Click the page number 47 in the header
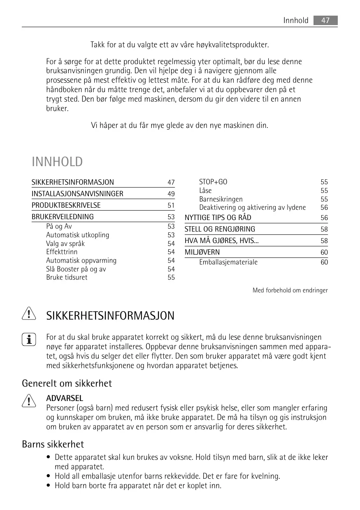tap(325, 21)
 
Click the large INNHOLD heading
tap(57, 162)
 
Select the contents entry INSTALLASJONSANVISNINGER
tap(77, 194)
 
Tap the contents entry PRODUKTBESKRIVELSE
tap(66, 205)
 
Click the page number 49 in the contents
tap(171, 194)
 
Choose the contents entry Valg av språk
tap(65, 243)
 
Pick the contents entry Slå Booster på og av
tap(76, 269)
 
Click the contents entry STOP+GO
tap(213, 182)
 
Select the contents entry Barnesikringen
tap(221, 199)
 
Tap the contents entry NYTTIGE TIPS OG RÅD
tap(218, 218)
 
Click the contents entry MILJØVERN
tap(202, 252)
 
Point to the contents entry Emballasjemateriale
tap(228, 262)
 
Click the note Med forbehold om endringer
tap(290, 290)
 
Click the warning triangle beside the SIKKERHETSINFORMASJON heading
tap(29, 315)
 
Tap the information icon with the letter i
tap(29, 340)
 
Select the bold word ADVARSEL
tap(65, 398)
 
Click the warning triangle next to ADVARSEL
tap(29, 399)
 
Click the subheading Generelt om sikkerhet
tap(67, 383)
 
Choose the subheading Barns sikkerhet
tap(53, 444)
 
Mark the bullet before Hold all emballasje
tap(49, 476)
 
